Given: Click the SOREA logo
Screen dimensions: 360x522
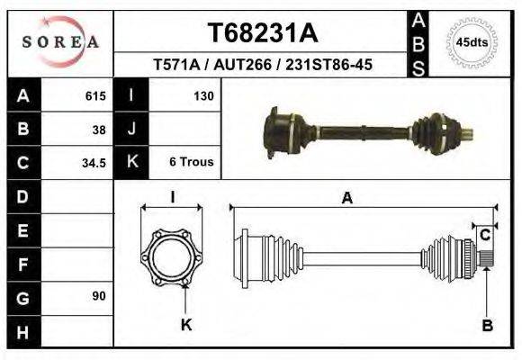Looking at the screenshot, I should (x=59, y=42).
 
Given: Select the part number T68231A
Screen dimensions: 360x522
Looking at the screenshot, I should (x=263, y=33).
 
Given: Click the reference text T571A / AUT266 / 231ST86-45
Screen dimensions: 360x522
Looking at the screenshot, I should (x=263, y=66).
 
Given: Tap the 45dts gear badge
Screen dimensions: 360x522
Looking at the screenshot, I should (x=472, y=42).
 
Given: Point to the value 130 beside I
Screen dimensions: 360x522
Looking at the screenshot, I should (x=202, y=95).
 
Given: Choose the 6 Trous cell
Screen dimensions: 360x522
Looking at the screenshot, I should (x=191, y=163).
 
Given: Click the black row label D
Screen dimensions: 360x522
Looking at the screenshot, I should (x=22, y=195).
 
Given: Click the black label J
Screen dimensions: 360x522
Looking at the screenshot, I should (x=131, y=129).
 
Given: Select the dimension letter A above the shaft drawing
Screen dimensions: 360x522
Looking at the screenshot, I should (x=346, y=199).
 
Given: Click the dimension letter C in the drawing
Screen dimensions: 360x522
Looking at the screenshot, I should (x=484, y=236).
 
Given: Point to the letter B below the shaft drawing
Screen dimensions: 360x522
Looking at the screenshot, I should (x=487, y=326).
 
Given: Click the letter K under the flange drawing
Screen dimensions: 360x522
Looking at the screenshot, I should (x=186, y=325).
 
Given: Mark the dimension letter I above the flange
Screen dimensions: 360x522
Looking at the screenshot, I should (x=173, y=197).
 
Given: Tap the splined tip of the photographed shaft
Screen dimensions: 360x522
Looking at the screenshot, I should (x=468, y=136).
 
